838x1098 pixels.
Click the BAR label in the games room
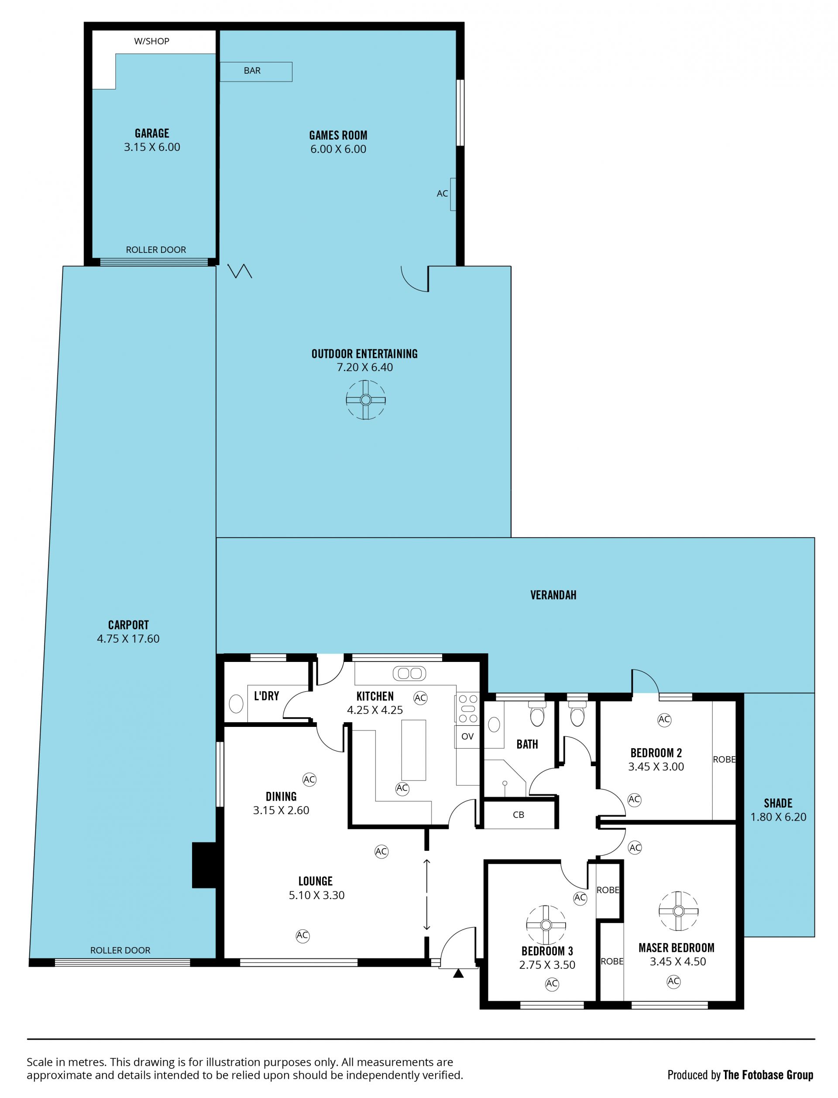coord(252,71)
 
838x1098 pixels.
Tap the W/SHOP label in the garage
coord(151,41)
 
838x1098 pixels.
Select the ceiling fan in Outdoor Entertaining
coord(366,400)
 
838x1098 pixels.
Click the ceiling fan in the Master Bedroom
coord(678,911)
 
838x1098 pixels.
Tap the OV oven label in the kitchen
coord(467,736)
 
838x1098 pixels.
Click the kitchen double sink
coord(409,674)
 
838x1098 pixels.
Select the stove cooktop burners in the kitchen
coord(467,708)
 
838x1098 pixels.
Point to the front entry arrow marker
coord(458,973)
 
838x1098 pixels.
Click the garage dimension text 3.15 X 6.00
coord(152,147)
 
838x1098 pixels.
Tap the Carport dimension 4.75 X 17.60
coord(128,639)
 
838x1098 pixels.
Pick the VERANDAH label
coord(553,595)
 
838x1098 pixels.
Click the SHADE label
coord(778,803)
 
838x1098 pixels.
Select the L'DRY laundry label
coord(266,696)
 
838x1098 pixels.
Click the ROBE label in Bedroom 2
coord(724,760)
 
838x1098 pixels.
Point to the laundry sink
coord(236,704)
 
